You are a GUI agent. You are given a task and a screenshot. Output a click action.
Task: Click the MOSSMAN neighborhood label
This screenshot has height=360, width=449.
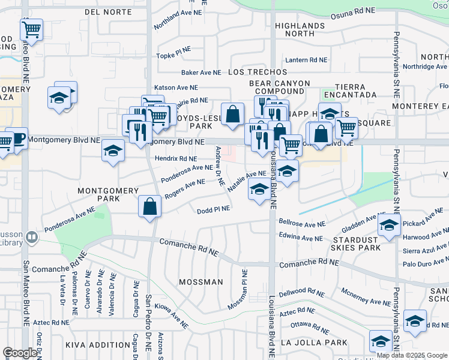[200, 281]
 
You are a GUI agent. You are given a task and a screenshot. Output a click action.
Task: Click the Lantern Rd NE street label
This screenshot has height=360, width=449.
[306, 60]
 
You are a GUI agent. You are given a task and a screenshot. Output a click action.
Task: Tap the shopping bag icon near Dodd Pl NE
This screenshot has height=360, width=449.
[149, 207]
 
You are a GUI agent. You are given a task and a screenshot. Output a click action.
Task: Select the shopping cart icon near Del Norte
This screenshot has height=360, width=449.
[31, 29]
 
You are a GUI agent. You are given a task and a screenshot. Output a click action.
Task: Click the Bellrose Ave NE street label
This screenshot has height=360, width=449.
[302, 223]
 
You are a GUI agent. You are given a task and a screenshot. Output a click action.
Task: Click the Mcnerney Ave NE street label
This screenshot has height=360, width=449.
[366, 298]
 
